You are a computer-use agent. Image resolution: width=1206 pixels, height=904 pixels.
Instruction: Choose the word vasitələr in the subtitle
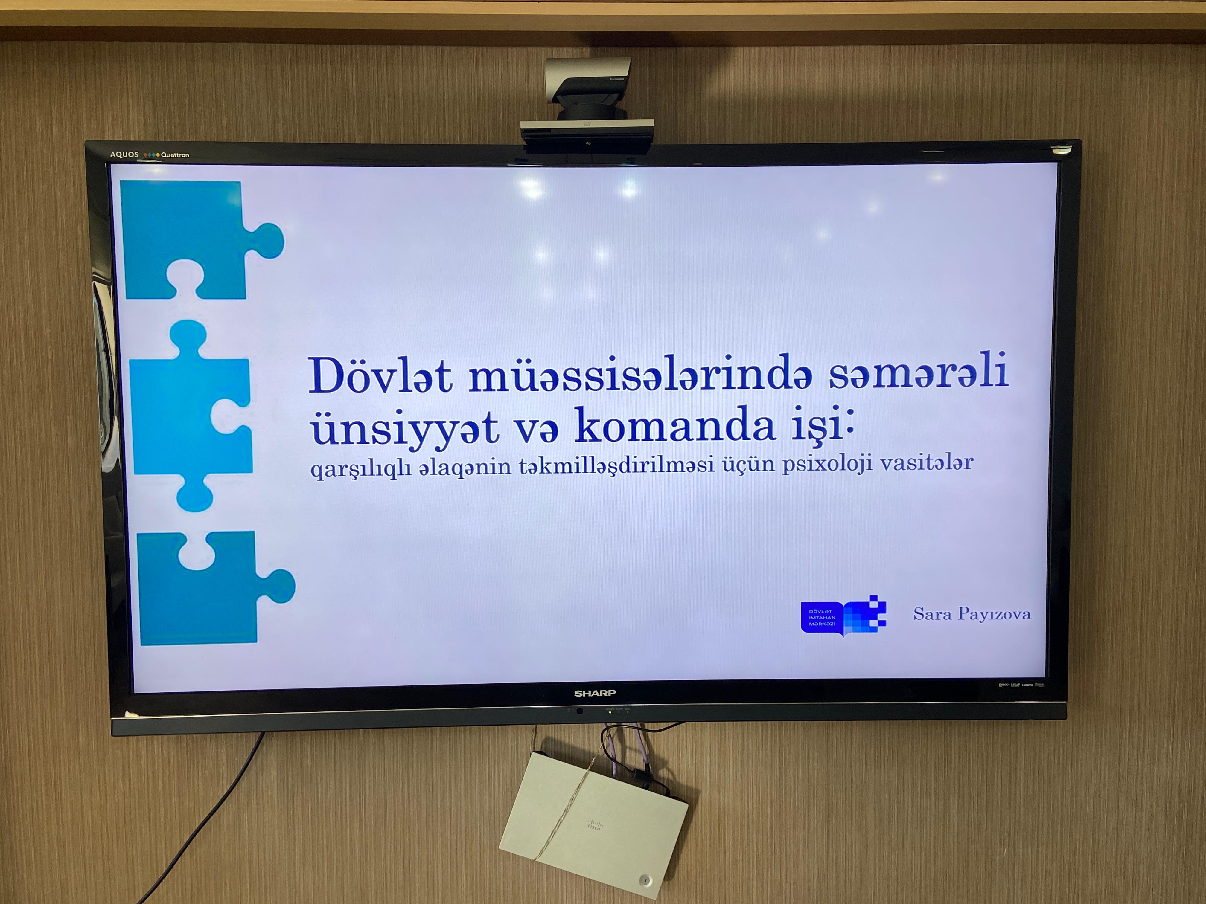click(927, 462)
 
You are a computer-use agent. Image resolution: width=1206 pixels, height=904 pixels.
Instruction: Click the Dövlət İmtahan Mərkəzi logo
click(843, 616)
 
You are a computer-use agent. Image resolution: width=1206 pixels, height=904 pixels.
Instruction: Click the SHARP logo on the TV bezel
click(595, 694)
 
